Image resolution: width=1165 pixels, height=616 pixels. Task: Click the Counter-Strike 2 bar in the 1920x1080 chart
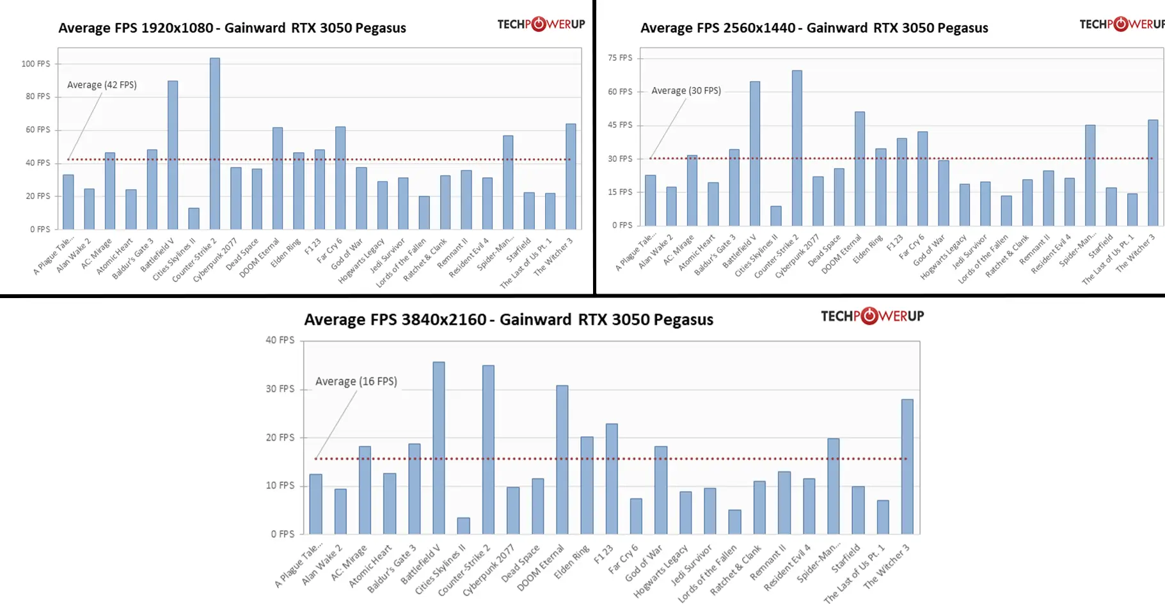click(215, 144)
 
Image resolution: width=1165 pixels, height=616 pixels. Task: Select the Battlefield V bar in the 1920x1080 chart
click(173, 155)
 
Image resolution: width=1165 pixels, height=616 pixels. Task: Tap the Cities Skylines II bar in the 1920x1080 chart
click(194, 219)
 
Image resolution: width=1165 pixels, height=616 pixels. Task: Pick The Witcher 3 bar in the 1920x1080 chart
click(571, 177)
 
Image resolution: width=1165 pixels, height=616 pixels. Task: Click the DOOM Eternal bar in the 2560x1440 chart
click(860, 169)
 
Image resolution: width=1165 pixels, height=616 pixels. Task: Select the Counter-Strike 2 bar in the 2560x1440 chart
click(797, 148)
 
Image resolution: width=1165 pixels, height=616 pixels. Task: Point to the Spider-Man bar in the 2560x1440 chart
click(1090, 175)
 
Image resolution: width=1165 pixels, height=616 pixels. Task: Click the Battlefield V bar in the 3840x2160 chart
click(439, 448)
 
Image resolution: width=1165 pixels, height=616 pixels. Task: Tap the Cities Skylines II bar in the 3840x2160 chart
click(464, 526)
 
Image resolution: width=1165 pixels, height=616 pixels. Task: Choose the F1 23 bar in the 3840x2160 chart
click(612, 478)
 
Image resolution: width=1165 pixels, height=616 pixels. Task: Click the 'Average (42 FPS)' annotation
click(102, 85)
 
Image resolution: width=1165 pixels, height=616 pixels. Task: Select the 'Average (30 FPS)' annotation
click(686, 91)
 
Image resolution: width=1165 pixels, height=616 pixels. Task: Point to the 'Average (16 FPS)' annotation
click(356, 381)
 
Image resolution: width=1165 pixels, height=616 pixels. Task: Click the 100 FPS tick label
click(36, 64)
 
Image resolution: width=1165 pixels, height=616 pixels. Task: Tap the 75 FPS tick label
click(620, 58)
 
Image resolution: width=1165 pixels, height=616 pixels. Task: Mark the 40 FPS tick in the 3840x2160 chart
click(280, 340)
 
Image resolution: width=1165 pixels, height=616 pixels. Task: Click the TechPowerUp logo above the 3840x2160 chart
click(872, 316)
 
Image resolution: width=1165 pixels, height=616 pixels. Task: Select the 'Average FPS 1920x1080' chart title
click(232, 28)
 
